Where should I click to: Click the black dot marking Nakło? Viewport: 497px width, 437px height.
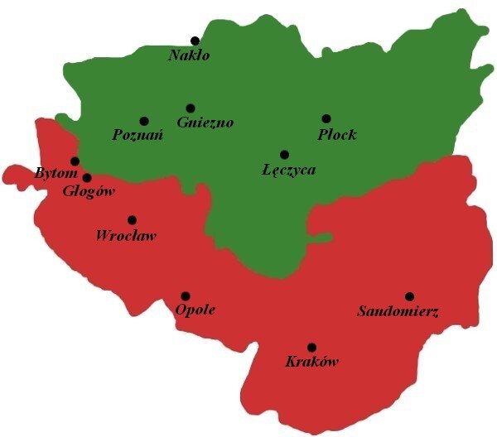[x=195, y=41]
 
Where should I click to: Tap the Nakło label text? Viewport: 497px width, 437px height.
[x=190, y=56]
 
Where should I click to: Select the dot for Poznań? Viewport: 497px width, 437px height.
[x=144, y=121]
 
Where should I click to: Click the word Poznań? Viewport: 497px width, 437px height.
[x=137, y=136]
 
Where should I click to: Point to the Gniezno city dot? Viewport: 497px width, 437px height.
[x=191, y=108]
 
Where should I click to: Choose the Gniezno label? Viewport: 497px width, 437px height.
[x=205, y=122]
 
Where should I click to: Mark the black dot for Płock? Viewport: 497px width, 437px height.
[x=326, y=118]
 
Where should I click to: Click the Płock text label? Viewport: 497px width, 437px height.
[x=337, y=134]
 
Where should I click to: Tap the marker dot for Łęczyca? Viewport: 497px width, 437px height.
[x=284, y=154]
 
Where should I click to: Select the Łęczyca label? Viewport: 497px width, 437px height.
[x=288, y=170]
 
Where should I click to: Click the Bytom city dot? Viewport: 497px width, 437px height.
[x=75, y=161]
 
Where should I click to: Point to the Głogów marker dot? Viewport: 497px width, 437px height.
[x=87, y=177]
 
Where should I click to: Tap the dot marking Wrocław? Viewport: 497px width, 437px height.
[x=132, y=220]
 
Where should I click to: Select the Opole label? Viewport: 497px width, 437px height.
[x=195, y=310]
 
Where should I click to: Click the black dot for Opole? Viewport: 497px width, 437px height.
[x=186, y=295]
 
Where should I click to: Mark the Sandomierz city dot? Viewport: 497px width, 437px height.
[x=409, y=296]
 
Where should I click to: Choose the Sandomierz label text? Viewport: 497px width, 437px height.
[x=398, y=312]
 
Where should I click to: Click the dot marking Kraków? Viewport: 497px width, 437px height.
[x=311, y=348]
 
